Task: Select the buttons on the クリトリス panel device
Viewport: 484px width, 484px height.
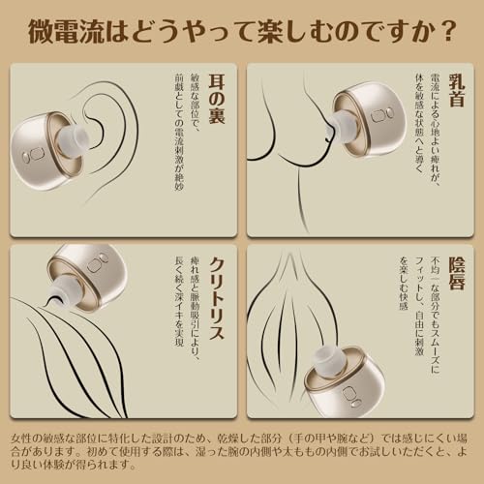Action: [x=97, y=263]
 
